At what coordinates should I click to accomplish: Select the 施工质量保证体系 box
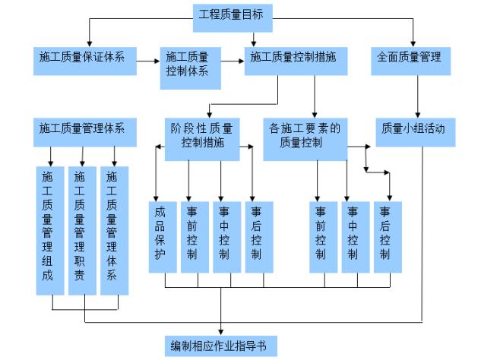click(84, 58)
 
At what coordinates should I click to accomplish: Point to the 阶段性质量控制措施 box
click(202, 136)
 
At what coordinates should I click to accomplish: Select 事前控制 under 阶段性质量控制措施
click(191, 236)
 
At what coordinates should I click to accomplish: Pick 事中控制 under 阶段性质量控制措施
click(223, 236)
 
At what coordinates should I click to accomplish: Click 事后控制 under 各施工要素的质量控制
click(386, 236)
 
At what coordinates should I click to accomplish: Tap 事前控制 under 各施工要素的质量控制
click(322, 236)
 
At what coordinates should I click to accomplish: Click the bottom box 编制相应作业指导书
click(220, 346)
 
